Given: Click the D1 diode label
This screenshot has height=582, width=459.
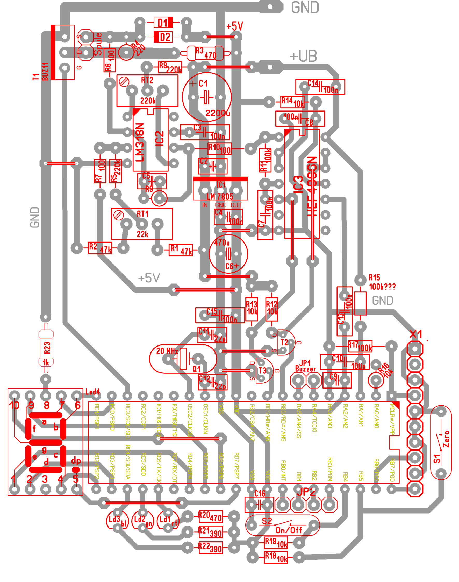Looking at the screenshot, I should click(163, 23).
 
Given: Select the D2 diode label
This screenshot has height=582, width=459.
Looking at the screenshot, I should click(165, 37).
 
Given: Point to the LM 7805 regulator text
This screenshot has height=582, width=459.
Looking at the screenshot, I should click(220, 196).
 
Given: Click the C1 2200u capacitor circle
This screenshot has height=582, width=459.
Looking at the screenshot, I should click(207, 97).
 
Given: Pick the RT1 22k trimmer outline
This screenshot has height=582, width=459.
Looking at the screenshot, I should click(142, 224).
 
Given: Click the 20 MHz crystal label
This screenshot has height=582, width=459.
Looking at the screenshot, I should click(167, 351).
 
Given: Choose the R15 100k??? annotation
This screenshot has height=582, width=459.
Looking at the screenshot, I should click(382, 282).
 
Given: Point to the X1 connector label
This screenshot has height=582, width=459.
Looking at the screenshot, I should click(416, 335).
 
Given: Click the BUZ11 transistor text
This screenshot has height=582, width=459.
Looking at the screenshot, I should click(45, 72).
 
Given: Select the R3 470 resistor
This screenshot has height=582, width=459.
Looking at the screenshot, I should click(205, 53).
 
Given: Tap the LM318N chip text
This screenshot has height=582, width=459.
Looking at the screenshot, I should click(140, 142).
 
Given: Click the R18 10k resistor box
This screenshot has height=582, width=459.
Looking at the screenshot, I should click(276, 557).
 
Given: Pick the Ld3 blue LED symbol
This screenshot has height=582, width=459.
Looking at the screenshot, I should click(117, 520).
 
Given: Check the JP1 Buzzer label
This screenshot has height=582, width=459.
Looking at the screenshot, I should click(305, 366).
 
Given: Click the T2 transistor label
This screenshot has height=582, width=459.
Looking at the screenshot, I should click(284, 342).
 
